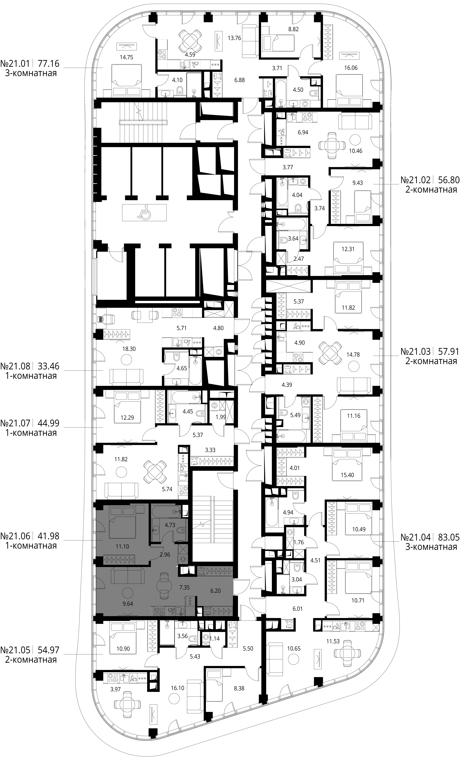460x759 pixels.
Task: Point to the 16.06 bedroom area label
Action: pos(351,68)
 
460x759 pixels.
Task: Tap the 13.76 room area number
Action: pos(234,38)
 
